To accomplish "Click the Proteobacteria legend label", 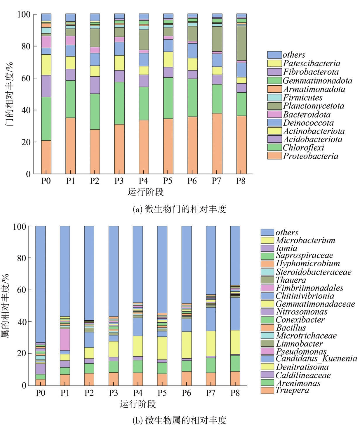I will point(310,156).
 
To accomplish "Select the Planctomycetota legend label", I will point(314,106).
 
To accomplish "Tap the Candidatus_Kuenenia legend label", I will point(316,359).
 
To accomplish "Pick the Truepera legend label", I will point(292,390).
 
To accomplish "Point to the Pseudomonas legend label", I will point(301,351).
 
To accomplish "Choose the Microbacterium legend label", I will point(305,240).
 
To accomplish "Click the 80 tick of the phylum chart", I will point(26,46).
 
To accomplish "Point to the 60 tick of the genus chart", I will point(21,290).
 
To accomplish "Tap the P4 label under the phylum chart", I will point(143,181).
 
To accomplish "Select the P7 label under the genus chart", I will point(211,393).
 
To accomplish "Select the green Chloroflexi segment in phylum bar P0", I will point(46,119).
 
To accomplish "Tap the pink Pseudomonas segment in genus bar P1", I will point(65,340).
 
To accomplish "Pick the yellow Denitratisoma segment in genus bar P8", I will point(235,342).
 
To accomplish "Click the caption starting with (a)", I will point(179,209).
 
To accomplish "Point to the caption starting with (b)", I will point(179,420).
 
